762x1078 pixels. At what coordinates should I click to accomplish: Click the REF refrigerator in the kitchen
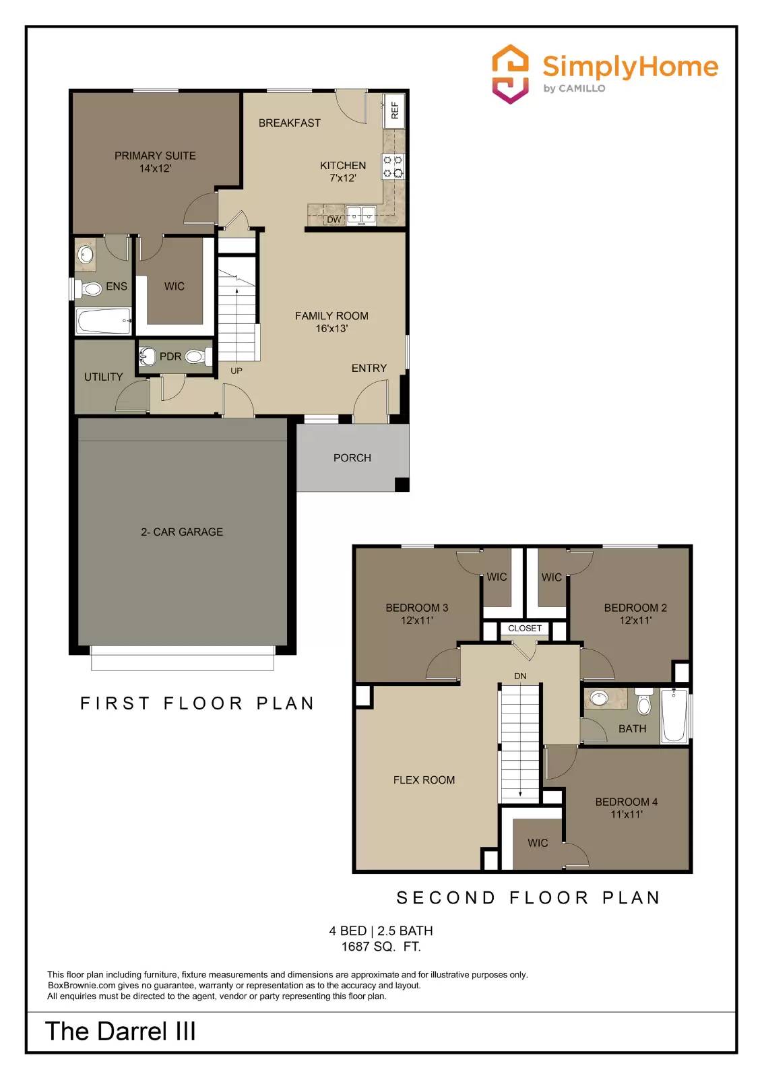[x=394, y=110]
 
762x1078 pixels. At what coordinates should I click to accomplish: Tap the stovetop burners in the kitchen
[x=393, y=166]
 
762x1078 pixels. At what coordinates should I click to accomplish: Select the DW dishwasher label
[x=334, y=220]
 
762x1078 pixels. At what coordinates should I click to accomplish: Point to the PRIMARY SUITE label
[x=155, y=156]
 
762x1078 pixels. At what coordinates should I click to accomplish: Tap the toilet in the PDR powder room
[x=196, y=356]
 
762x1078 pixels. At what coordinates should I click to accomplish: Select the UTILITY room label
[x=103, y=377]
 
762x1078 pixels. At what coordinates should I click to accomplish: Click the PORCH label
[x=352, y=457]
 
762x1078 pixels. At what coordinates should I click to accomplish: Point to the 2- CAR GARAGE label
[x=182, y=532]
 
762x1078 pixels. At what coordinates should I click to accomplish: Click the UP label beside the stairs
[x=236, y=371]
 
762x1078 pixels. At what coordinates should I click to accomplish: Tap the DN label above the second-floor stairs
[x=520, y=676]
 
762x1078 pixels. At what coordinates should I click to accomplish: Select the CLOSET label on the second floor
[x=525, y=628]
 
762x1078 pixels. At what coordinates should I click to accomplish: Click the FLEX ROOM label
[x=424, y=780]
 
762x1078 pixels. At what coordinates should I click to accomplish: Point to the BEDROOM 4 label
[x=626, y=802]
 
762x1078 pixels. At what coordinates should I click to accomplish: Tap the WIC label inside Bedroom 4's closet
[x=538, y=843]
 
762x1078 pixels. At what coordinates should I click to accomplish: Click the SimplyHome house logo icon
[x=510, y=74]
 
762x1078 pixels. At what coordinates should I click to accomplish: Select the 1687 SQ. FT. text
[x=381, y=947]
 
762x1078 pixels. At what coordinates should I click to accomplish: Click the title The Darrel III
[x=121, y=1032]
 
